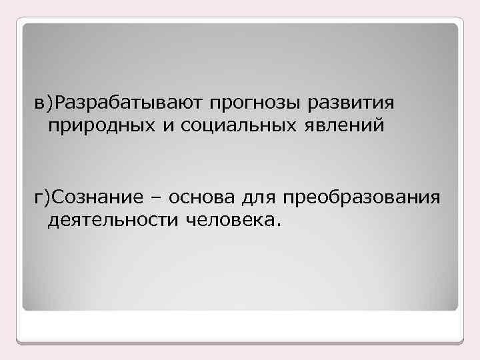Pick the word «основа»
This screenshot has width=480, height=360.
click(x=197, y=198)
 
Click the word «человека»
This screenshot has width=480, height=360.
click(x=225, y=219)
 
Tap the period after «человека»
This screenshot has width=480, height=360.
click(x=270, y=223)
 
